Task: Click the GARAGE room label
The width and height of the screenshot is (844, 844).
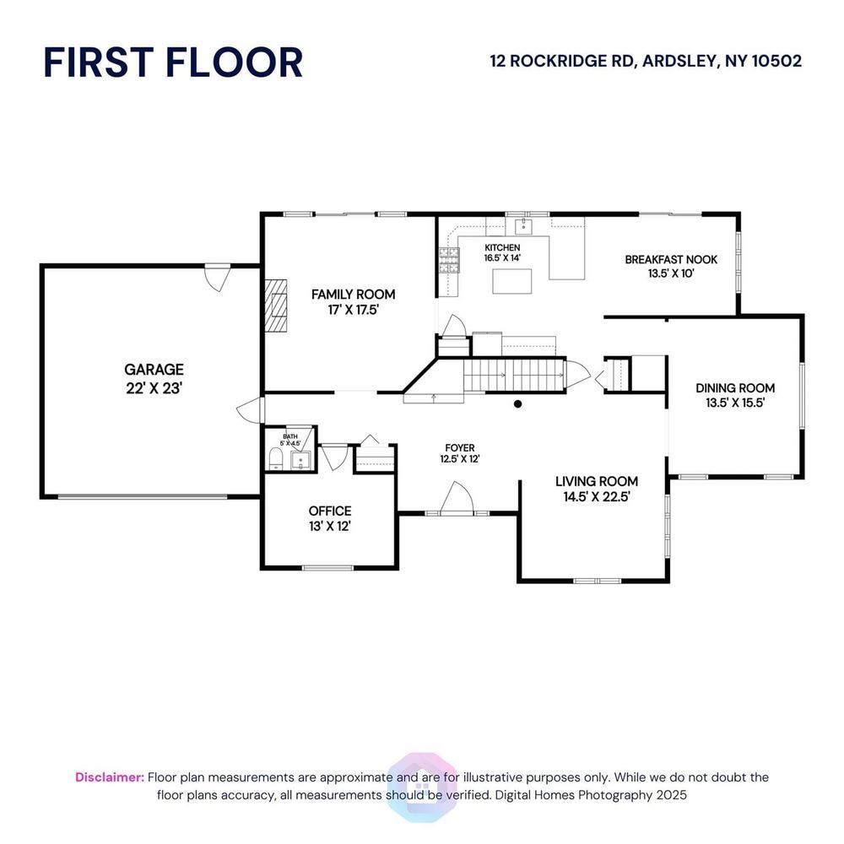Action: click(154, 370)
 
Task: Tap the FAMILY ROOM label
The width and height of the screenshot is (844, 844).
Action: click(353, 294)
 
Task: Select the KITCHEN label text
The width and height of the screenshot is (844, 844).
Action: click(502, 247)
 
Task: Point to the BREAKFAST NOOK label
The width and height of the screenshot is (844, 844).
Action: click(671, 259)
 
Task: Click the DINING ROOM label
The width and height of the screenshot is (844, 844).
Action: click(735, 387)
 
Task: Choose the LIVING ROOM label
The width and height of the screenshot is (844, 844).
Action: click(597, 481)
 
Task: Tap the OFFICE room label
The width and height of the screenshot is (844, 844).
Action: click(330, 511)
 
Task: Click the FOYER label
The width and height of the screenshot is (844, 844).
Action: click(460, 448)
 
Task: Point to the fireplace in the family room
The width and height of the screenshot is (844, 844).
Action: click(275, 306)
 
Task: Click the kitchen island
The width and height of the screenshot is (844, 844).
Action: click(512, 281)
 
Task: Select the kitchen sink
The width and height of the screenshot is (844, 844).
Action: click(523, 226)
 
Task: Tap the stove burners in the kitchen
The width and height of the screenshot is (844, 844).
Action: click(449, 260)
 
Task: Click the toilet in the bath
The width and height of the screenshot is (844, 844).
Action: click(276, 459)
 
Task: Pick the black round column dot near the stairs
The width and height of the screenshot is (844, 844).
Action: click(518, 403)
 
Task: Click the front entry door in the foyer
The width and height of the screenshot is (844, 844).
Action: click(457, 499)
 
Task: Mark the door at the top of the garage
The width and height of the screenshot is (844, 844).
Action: click(218, 277)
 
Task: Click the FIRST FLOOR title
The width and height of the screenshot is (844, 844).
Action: click(173, 62)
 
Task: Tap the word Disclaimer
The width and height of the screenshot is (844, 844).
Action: click(110, 777)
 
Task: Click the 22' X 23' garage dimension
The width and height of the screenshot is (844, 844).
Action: click(154, 387)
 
